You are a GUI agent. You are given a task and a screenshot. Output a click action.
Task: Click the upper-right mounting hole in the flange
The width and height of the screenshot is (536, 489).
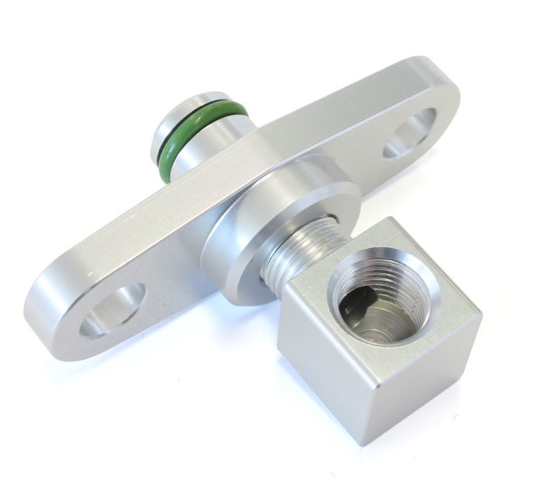pos(410,132)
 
